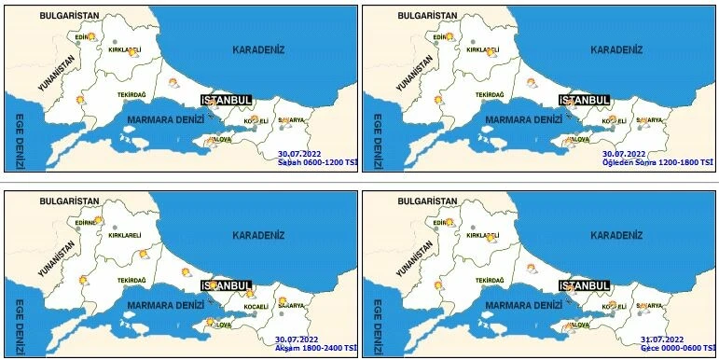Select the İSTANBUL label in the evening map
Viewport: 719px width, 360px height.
[227, 285]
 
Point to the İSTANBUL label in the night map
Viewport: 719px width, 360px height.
[584, 285]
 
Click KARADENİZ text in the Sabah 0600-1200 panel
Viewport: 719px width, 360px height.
[258, 49]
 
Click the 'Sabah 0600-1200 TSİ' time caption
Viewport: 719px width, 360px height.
[318, 162]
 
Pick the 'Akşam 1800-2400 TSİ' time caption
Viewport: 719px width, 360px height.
[317, 347]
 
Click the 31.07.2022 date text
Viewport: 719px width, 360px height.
[662, 339]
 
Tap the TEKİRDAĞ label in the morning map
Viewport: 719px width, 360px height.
[133, 94]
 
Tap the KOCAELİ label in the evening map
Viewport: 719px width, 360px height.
[256, 307]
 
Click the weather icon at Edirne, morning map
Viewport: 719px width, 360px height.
[90, 36]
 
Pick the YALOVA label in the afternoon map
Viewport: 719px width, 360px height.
[578, 139]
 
